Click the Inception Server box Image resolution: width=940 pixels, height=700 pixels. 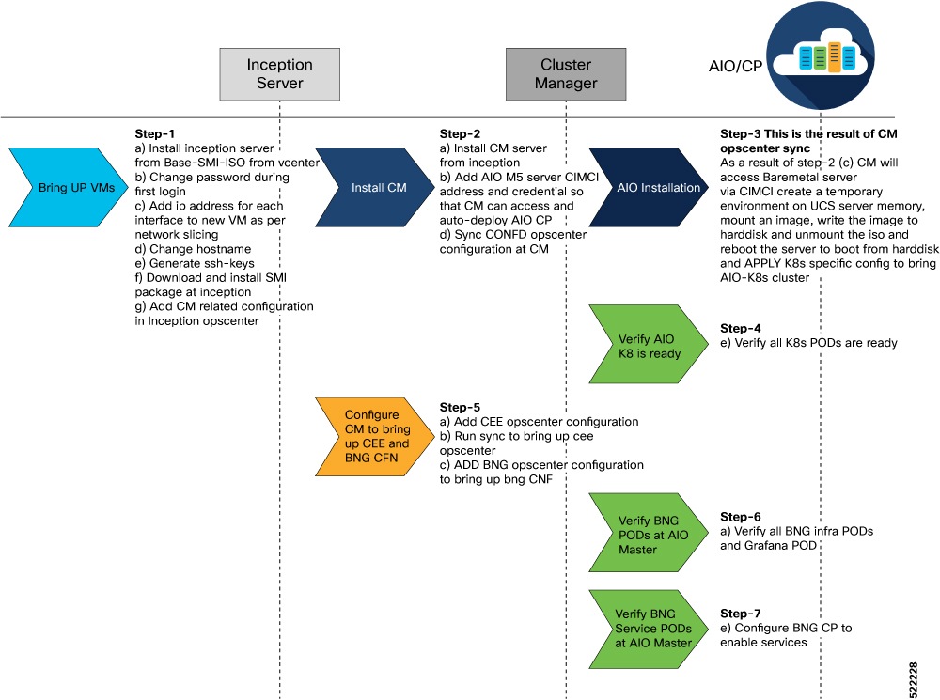point(279,74)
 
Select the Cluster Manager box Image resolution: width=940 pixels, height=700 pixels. point(566,74)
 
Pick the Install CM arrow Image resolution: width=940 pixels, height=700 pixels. point(368,187)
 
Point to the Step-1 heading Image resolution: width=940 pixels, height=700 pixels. point(155,134)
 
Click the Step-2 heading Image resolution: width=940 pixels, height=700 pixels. point(460,134)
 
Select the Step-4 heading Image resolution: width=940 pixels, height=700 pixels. point(740,329)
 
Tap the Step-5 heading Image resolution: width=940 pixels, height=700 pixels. point(460,407)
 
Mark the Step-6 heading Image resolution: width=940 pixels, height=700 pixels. point(740,517)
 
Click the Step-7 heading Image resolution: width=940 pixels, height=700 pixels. point(740,613)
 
